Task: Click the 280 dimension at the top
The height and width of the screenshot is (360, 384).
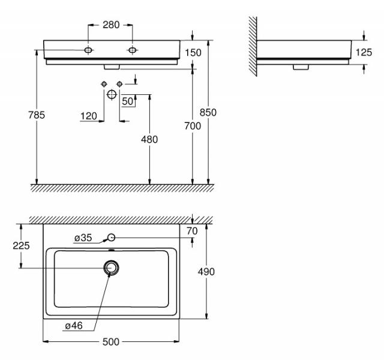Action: coord(111,25)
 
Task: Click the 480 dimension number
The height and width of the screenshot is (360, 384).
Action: coord(149,139)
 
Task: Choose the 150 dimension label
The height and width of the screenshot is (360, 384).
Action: coord(193,53)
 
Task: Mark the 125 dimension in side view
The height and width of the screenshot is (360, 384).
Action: coord(364,52)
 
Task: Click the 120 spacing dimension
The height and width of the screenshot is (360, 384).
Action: coord(89,116)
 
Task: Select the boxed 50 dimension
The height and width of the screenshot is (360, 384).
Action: coord(127,101)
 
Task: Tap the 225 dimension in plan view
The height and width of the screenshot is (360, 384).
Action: coord(21,245)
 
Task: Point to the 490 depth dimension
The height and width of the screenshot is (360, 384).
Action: coord(206,272)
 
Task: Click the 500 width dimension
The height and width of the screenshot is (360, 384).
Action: coord(110,341)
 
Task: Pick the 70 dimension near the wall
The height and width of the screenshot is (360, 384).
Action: coord(192,230)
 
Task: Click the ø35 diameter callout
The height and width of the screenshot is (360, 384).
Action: coord(83,238)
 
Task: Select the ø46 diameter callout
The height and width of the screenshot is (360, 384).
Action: coord(74,326)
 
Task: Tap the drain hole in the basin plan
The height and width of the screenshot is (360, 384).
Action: coord(111,268)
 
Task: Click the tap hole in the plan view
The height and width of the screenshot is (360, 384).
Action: coord(111,238)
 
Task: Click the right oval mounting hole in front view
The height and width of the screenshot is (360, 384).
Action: coord(131,50)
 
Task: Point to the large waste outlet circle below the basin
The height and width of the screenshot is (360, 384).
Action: coord(111,94)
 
